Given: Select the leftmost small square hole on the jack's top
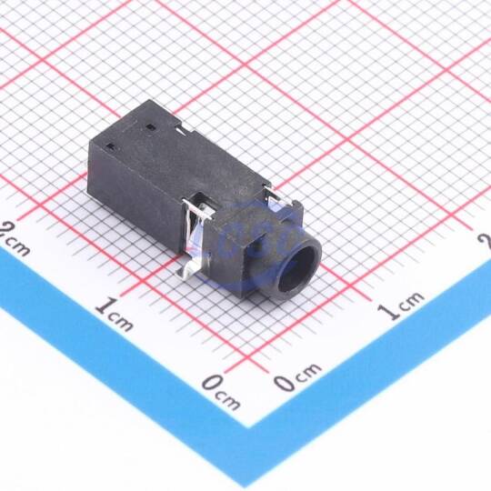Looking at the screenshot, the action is [110, 146].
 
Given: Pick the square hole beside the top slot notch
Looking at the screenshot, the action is [151, 127].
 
